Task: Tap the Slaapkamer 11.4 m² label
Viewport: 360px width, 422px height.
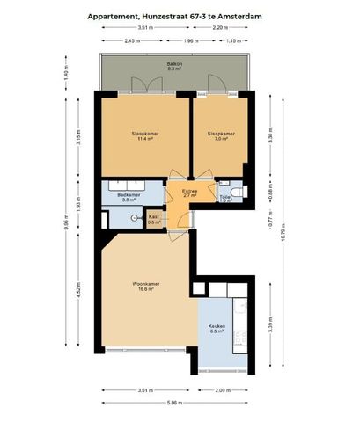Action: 143,136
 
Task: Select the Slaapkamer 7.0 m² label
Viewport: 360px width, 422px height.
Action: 220,136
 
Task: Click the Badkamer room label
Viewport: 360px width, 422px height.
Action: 130,197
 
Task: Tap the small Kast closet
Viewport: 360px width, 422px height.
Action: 154,218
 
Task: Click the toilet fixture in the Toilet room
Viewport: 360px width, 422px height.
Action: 246,193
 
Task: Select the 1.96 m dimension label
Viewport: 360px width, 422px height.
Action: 191,41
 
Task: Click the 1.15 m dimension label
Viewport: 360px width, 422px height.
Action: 233,41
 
